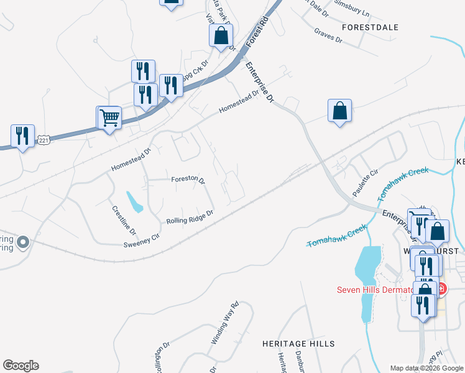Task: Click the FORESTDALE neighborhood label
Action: click(370, 28)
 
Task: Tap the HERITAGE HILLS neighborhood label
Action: click(298, 344)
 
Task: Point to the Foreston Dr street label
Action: click(188, 179)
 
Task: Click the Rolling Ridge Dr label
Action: click(190, 217)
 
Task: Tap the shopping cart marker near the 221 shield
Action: click(109, 116)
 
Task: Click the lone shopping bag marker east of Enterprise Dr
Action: click(339, 111)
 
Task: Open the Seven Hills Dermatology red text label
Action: click(374, 289)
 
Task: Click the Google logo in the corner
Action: click(21, 366)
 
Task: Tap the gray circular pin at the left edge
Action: click(23, 241)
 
